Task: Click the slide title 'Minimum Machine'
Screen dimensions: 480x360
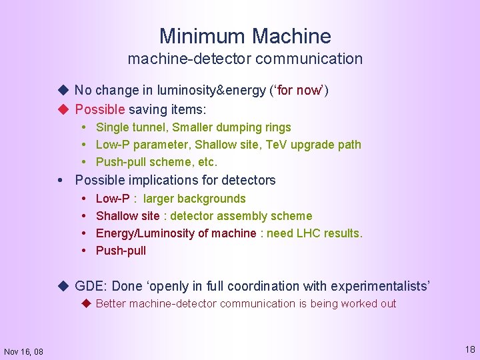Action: pyautogui.click(x=245, y=35)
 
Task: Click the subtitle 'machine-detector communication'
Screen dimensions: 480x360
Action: pyautogui.click(x=245, y=59)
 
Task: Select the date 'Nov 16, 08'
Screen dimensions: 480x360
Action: pyautogui.click(x=23, y=351)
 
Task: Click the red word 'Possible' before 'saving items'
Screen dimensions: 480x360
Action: pyautogui.click(x=100, y=109)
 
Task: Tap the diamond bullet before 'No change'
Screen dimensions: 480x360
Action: pyautogui.click(x=63, y=90)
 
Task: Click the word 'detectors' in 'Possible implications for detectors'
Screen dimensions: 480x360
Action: pyautogui.click(x=249, y=180)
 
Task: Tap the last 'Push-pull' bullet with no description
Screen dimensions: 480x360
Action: pyautogui.click(x=121, y=251)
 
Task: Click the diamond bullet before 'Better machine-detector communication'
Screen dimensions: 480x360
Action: pyautogui.click(x=86, y=303)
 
